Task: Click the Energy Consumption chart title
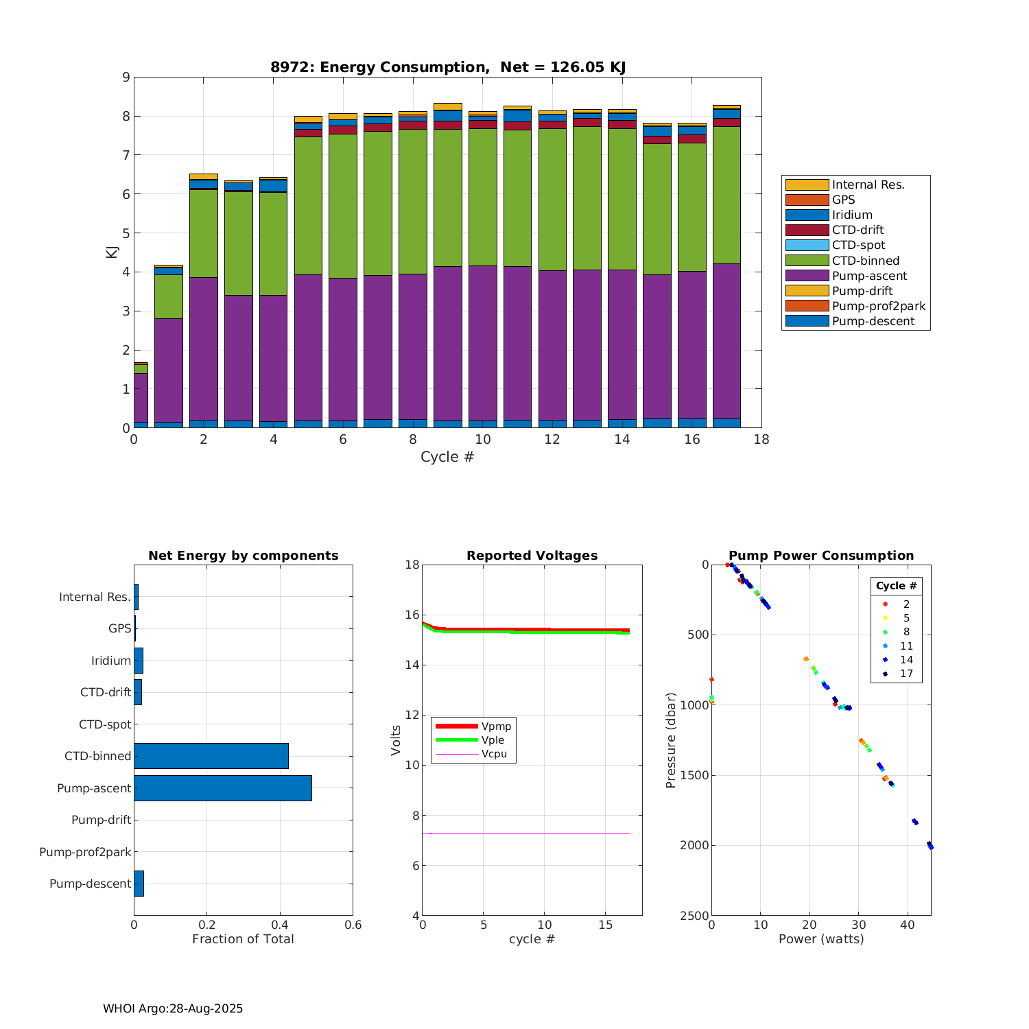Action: pyautogui.click(x=447, y=67)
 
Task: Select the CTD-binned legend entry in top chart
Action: pyautogui.click(x=865, y=261)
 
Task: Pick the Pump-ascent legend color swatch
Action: pyautogui.click(x=807, y=276)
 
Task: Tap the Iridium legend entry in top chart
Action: pyautogui.click(x=852, y=215)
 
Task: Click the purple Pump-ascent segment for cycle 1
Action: pyautogui.click(x=169, y=370)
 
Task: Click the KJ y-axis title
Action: pyautogui.click(x=111, y=252)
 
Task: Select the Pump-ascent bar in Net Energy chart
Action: pyautogui.click(x=223, y=788)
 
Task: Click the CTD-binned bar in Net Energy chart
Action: pyautogui.click(x=211, y=756)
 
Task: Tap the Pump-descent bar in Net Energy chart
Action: pyautogui.click(x=139, y=884)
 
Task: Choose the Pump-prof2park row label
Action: pyautogui.click(x=85, y=852)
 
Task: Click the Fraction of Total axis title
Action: pyautogui.click(x=243, y=939)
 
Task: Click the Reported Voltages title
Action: pyautogui.click(x=532, y=556)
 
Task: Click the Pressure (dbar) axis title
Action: pyautogui.click(x=671, y=740)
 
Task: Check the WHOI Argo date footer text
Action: pyautogui.click(x=173, y=1008)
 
